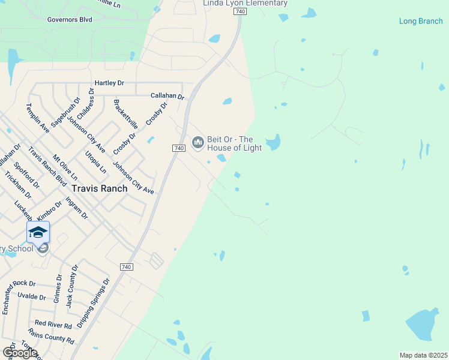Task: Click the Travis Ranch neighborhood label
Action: click(x=100, y=188)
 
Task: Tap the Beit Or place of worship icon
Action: click(x=197, y=142)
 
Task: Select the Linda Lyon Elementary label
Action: click(x=245, y=4)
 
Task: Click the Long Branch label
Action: click(x=421, y=22)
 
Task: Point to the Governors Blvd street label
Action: click(x=70, y=19)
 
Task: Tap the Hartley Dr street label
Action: click(x=109, y=83)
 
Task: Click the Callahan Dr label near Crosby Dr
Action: click(x=167, y=96)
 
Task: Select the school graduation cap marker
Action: click(x=38, y=232)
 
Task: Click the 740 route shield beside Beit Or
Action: click(x=178, y=148)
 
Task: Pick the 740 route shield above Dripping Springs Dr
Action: click(x=126, y=267)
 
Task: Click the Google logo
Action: click(x=20, y=353)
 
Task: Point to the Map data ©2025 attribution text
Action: click(x=423, y=355)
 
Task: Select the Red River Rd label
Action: click(x=53, y=325)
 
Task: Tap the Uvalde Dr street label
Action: click(x=32, y=297)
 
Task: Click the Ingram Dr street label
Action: click(x=77, y=207)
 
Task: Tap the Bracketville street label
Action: click(x=126, y=115)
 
